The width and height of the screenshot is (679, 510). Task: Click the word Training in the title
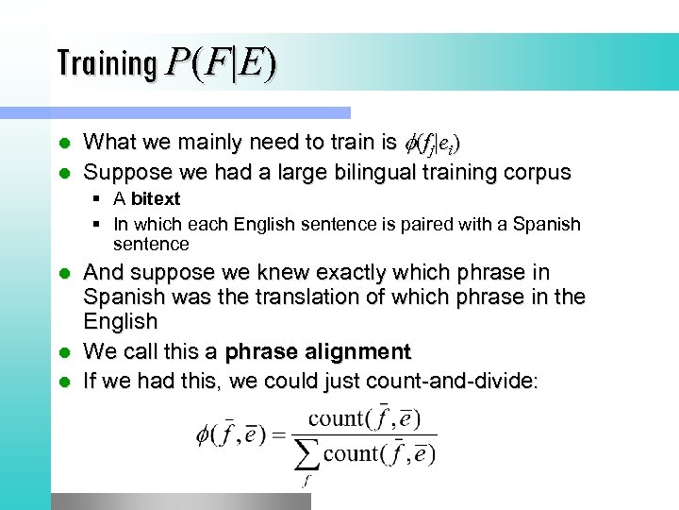pyautogui.click(x=107, y=63)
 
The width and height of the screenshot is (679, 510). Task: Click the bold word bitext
pyautogui.click(x=155, y=199)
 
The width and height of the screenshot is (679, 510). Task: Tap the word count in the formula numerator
pyautogui.click(x=336, y=417)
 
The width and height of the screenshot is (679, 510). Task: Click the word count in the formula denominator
pyautogui.click(x=351, y=453)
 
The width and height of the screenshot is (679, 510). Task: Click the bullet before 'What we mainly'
pyautogui.click(x=63, y=144)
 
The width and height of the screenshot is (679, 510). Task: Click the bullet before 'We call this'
pyautogui.click(x=63, y=352)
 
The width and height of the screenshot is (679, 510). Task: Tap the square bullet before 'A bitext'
pyautogui.click(x=97, y=199)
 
